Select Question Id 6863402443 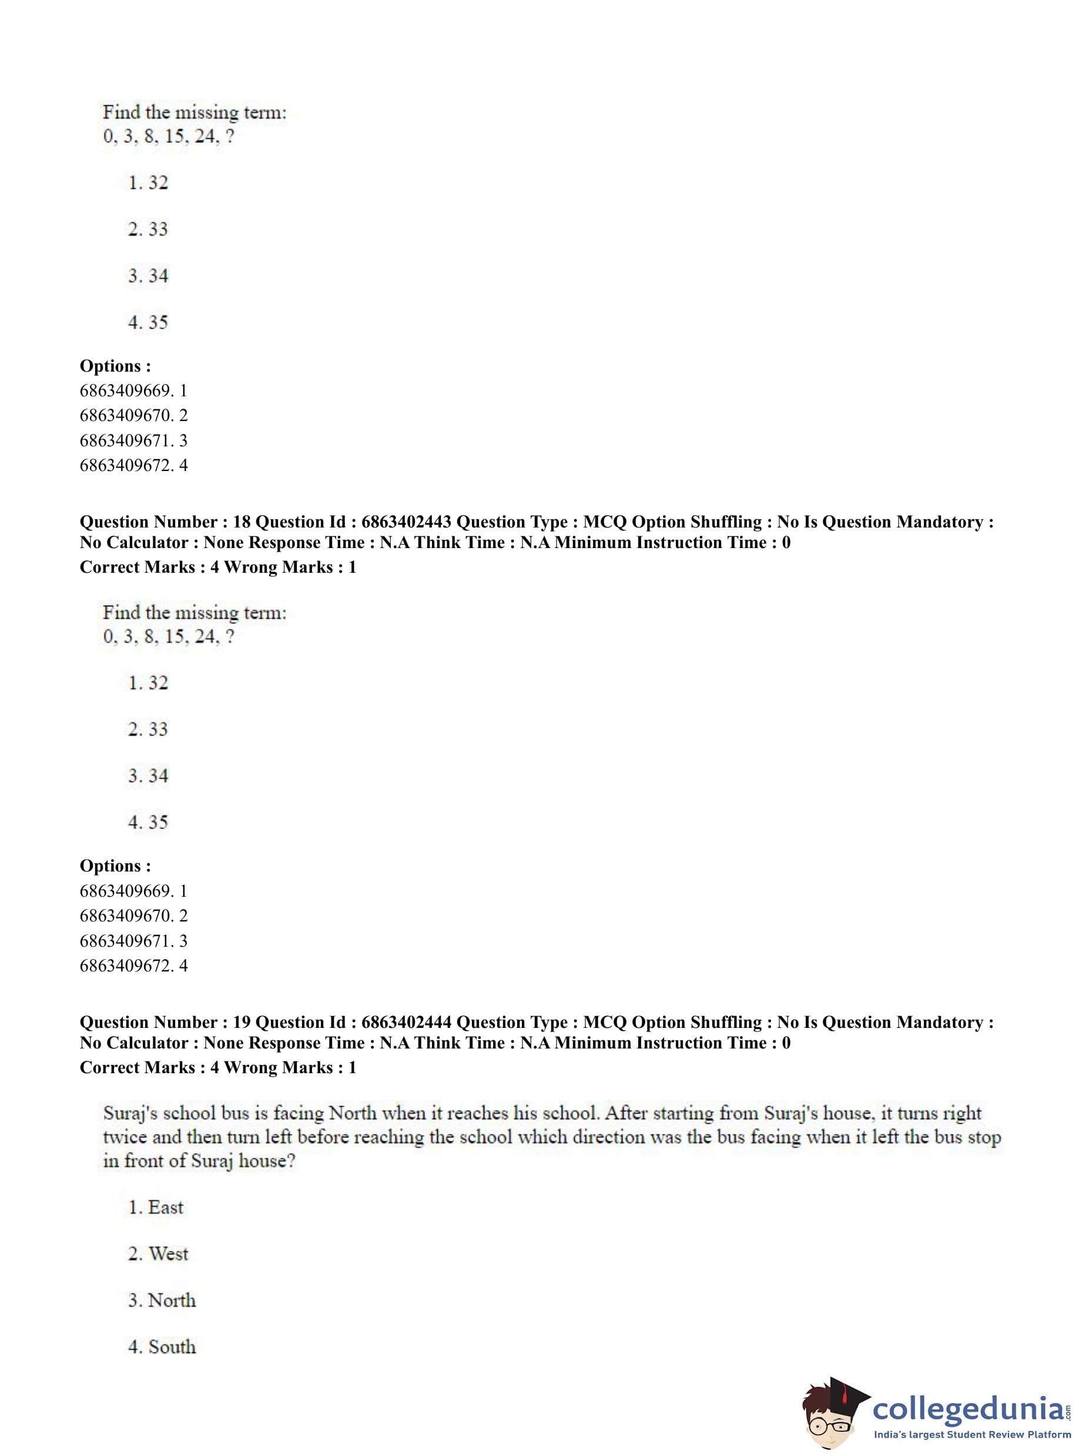coord(405,522)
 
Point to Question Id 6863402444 coord(405,1022)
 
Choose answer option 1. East coord(156,1207)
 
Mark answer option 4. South coord(162,1346)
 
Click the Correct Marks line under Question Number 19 coord(218,1068)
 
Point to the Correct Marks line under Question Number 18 coord(218,567)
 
